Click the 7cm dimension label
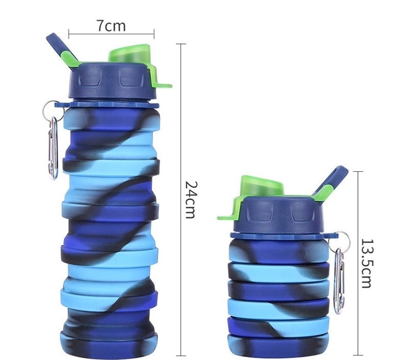(111, 25)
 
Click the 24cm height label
(190, 199)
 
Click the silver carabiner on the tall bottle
(53, 148)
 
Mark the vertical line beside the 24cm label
(181, 199)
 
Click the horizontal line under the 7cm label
(111, 35)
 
